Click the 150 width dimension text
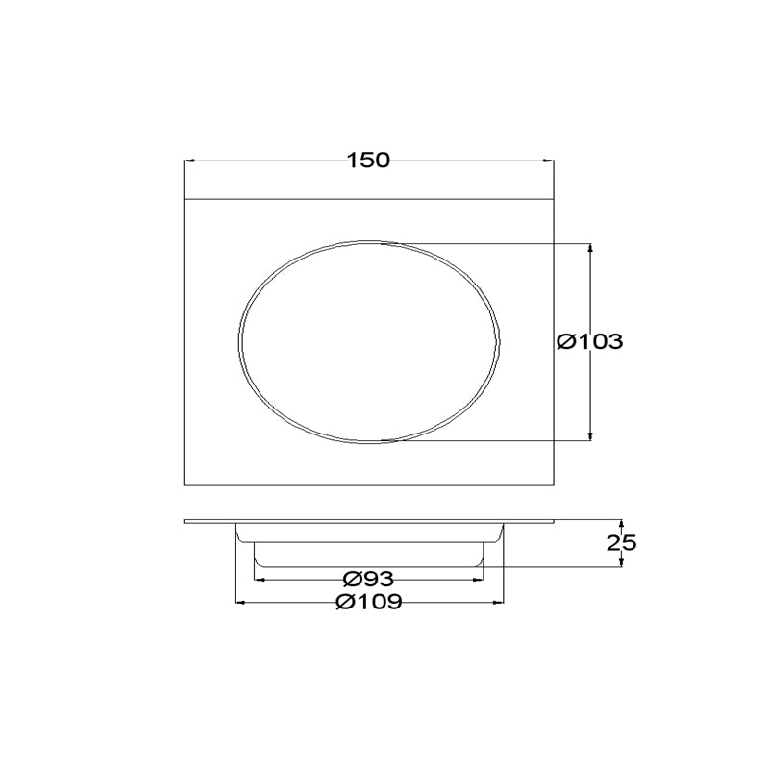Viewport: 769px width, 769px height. coord(368,161)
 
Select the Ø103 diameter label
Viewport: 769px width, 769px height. coord(590,341)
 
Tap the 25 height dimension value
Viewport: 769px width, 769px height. coord(621,543)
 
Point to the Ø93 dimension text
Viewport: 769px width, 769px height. coord(368,580)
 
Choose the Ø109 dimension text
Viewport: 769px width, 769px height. coord(369,602)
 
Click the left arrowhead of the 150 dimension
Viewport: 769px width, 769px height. coord(187,161)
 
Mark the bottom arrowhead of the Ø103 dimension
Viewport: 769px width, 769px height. coord(590,436)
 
